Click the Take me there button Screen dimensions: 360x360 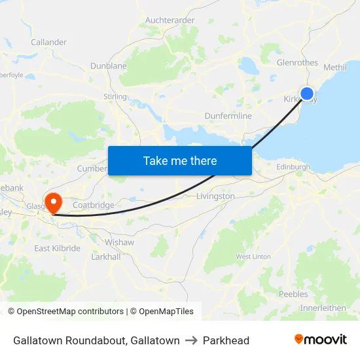(180, 160)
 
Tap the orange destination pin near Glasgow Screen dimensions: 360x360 (52, 200)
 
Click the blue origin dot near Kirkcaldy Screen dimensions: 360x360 (306, 94)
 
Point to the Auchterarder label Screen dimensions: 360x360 (170, 20)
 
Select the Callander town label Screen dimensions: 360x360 (48, 42)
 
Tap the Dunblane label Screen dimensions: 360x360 (109, 66)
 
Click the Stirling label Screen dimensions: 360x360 (115, 97)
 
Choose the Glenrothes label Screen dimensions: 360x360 (297, 63)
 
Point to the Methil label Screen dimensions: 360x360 (334, 67)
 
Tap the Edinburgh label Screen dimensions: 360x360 (293, 168)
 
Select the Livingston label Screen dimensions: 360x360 (215, 196)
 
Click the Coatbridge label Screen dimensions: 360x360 (93, 205)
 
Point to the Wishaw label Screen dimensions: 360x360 (120, 242)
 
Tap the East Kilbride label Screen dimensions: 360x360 (58, 248)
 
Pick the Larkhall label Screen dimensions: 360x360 (105, 257)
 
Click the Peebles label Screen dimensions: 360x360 (293, 294)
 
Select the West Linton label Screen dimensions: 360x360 (253, 257)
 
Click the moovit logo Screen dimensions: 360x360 (321, 340)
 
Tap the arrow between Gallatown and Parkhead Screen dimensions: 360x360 (191, 340)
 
